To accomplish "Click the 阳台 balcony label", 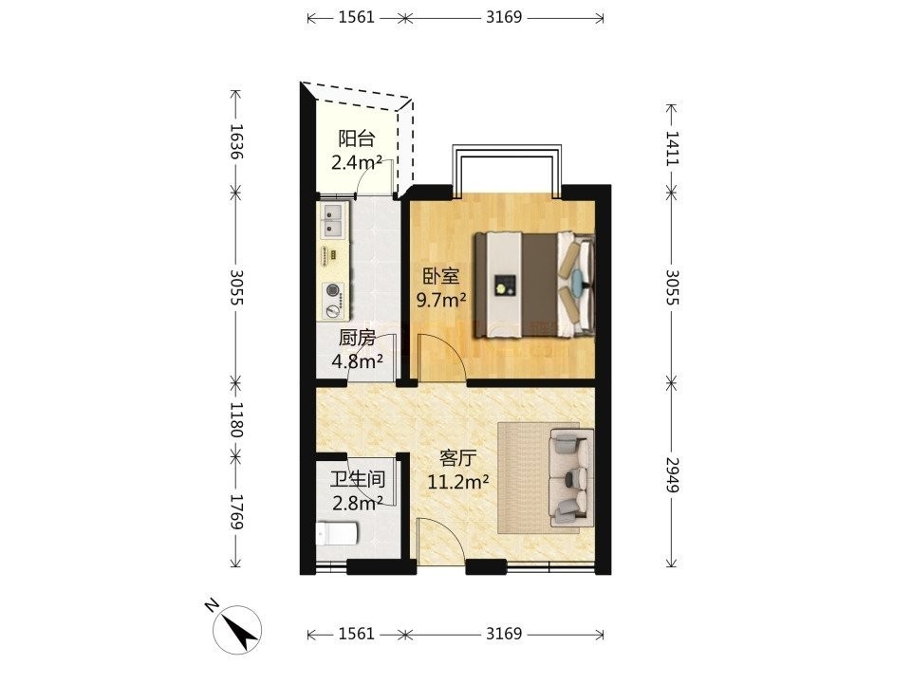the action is click(x=357, y=138).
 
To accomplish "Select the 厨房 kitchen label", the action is click(x=357, y=338).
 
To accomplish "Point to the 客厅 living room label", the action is click(x=457, y=458).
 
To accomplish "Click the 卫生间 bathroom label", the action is click(x=358, y=479).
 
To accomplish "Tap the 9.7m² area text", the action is click(x=441, y=300).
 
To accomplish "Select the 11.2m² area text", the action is click(x=457, y=482).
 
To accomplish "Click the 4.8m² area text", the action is click(x=357, y=361).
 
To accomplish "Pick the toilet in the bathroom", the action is click(x=336, y=533).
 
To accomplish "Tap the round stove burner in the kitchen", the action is click(x=332, y=289).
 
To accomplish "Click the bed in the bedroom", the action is click(x=535, y=285).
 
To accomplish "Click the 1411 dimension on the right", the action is click(x=672, y=148).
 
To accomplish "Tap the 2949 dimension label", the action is click(x=672, y=474).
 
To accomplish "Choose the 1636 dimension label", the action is click(x=236, y=141).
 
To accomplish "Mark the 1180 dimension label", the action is click(x=236, y=420).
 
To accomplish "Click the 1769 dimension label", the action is click(x=236, y=511).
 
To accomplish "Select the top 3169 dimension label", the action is click(x=504, y=17).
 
